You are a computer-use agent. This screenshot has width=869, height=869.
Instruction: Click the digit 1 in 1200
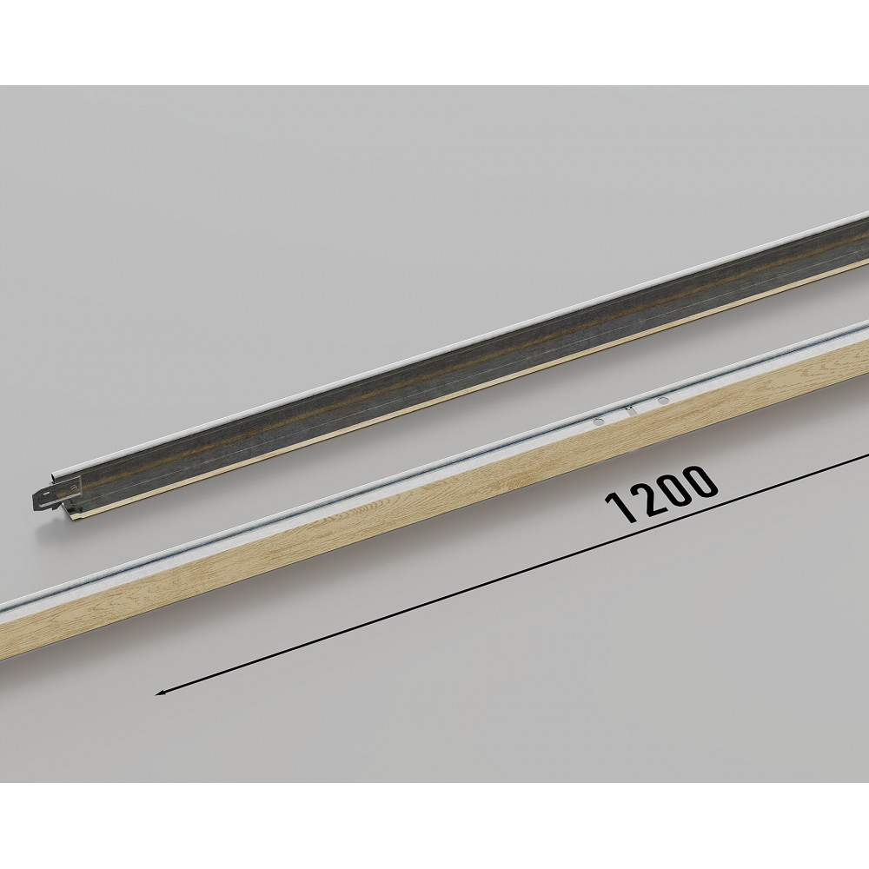(620, 507)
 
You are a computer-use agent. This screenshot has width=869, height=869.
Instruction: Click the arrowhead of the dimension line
(161, 692)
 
